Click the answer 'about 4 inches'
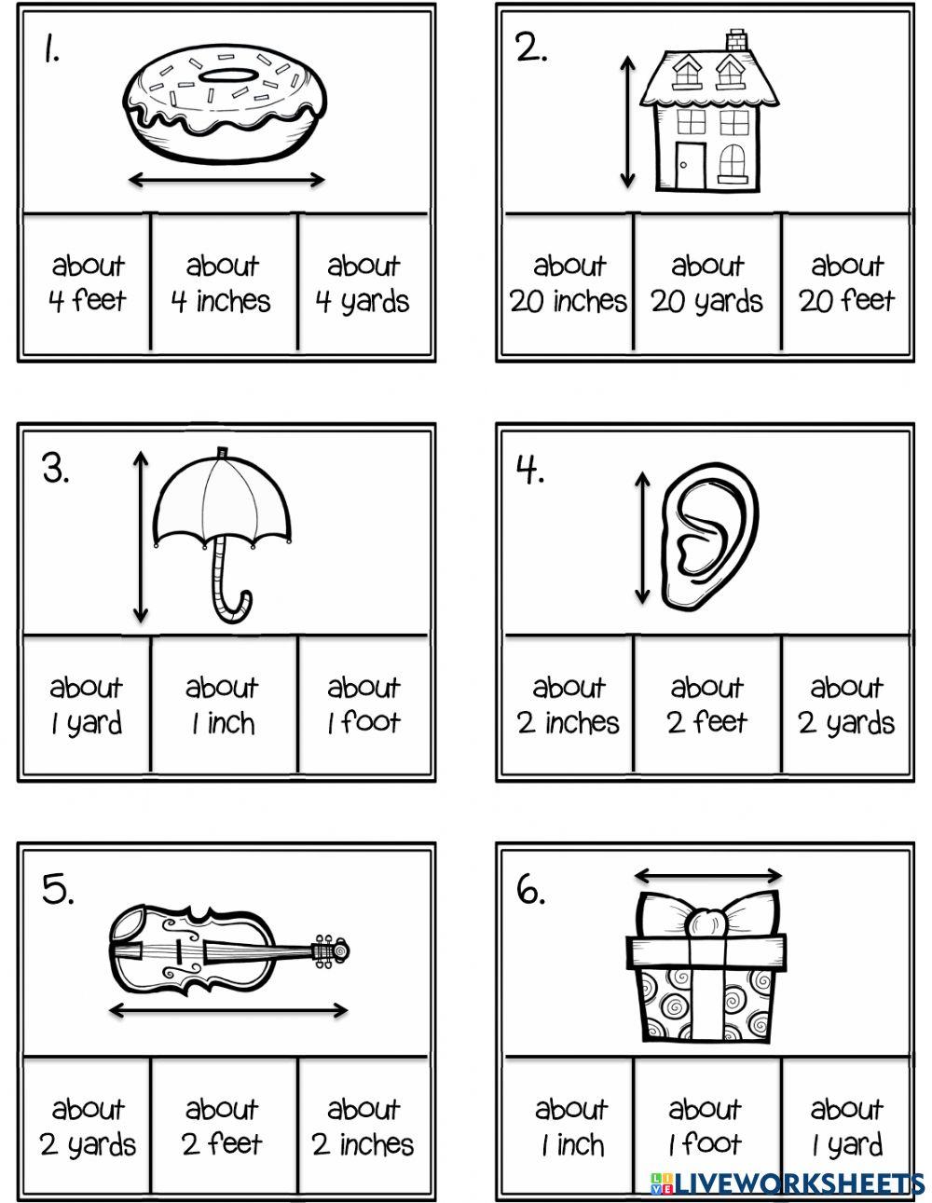pos(222,283)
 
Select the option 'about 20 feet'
pos(846,283)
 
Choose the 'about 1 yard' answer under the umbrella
pos(86,705)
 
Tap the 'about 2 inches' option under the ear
pos(569,705)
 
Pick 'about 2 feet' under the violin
pos(222,1127)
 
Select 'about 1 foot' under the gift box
pos(706,1127)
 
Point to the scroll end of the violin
pos(331,950)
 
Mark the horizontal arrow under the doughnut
pos(226,180)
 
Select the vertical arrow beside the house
pos(627,121)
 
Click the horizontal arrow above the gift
pos(707,876)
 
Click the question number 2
pos(531,49)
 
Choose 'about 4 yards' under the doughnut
pos(363,283)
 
